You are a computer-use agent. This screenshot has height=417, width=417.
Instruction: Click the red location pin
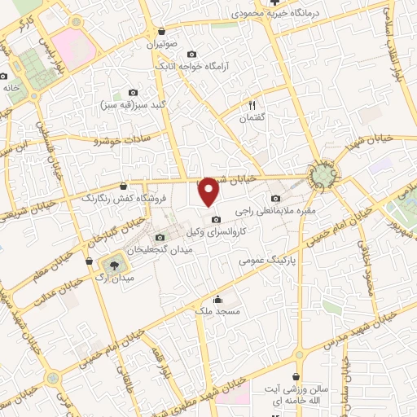(x=209, y=191)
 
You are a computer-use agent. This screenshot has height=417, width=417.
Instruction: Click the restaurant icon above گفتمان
(x=252, y=105)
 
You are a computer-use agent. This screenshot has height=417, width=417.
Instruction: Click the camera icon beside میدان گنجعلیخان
(x=160, y=236)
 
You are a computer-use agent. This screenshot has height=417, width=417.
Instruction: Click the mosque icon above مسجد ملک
(x=217, y=298)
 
